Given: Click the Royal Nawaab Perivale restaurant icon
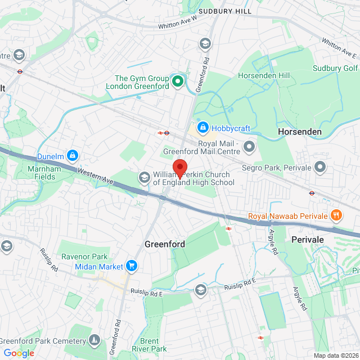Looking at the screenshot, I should point(336,215).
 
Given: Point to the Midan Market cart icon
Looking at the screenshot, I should point(132,265).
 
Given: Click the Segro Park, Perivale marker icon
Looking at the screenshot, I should point(320,167).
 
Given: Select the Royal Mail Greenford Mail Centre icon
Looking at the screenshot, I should point(249,147).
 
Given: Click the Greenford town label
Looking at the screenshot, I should point(165,245).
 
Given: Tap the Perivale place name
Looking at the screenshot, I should point(308,239).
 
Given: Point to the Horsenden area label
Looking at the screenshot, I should point(300,132).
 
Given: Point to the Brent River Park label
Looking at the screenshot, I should point(149,345).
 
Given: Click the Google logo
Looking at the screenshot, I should point(18,353).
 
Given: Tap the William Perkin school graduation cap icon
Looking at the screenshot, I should point(144,178).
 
